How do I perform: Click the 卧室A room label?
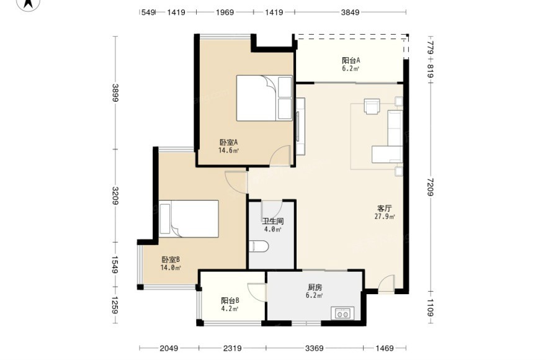click(228, 142)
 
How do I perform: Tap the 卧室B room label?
click(171, 259)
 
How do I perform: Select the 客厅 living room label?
click(385, 209)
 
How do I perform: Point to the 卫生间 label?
click(272, 221)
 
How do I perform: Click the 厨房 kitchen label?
click(315, 287)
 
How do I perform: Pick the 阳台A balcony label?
click(351, 60)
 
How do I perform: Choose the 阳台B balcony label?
click(230, 300)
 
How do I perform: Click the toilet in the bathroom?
click(259, 246)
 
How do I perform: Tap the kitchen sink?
click(342, 313)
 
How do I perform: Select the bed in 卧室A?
click(264, 98)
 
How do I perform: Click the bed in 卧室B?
click(189, 218)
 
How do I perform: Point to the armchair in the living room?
click(372, 106)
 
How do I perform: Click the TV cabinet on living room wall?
click(300, 126)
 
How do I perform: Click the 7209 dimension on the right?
click(431, 187)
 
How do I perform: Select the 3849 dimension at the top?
click(350, 12)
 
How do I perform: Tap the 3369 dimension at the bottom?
click(315, 348)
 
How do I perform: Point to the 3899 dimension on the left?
click(115, 93)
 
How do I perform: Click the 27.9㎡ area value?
click(385, 217)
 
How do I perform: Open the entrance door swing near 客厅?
click(387, 283)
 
